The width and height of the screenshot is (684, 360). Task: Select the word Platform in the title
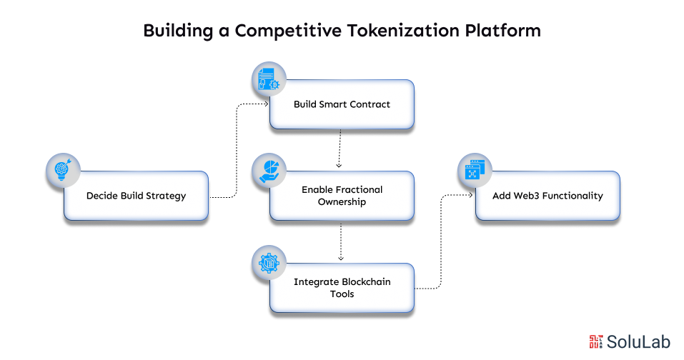[503, 31]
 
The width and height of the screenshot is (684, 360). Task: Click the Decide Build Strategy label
[136, 196]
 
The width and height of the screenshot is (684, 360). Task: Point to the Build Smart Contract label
[342, 104]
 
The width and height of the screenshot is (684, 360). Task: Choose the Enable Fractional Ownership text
[342, 196]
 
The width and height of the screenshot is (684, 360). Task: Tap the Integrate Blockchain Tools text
[342, 288]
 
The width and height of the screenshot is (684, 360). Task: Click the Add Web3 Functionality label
[547, 196]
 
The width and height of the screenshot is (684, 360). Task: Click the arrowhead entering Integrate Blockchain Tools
[341, 259]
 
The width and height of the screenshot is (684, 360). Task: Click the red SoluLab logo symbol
[596, 342]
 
